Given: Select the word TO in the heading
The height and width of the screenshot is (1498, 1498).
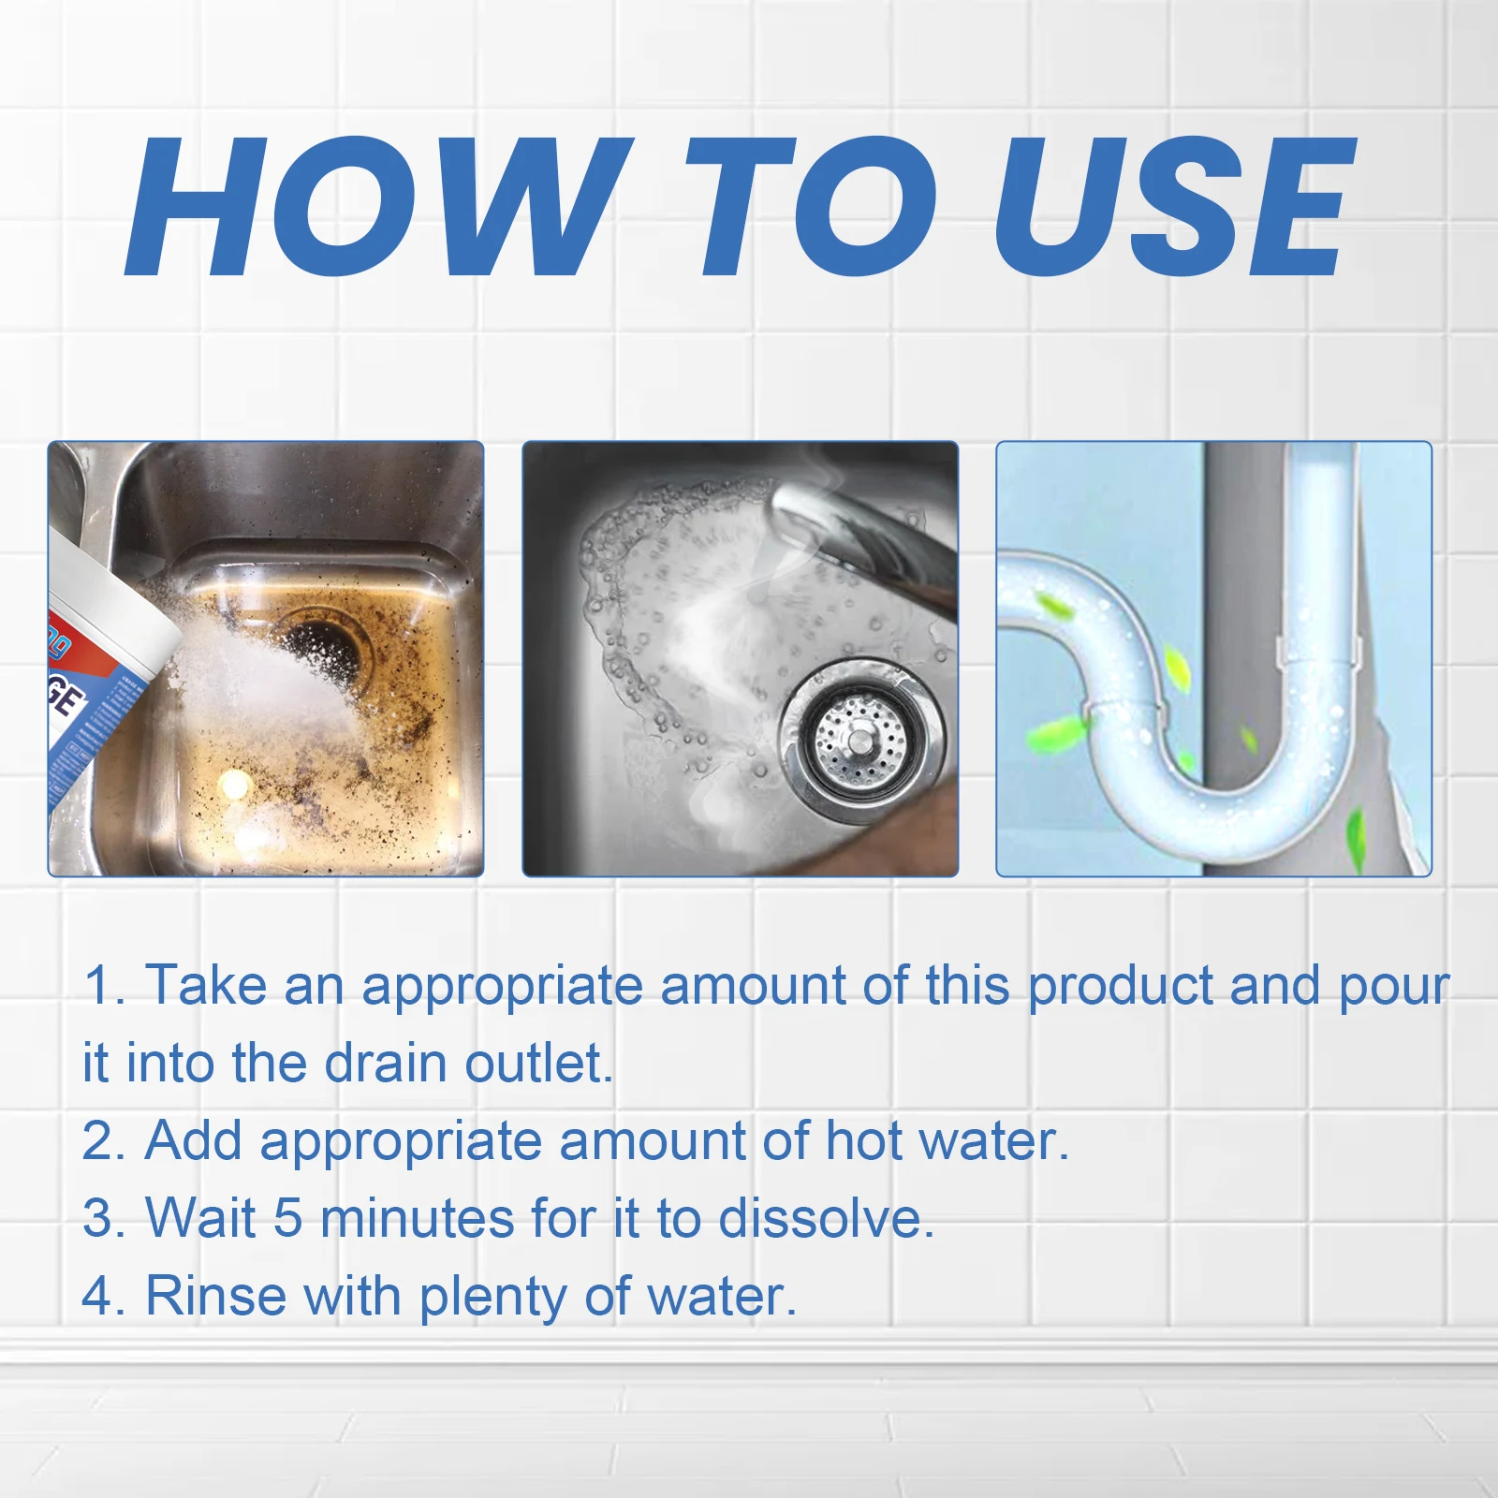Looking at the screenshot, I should [809, 208].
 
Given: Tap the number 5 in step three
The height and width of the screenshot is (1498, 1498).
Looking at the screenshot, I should [287, 1219].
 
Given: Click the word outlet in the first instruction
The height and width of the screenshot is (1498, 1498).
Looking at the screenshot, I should [538, 1064].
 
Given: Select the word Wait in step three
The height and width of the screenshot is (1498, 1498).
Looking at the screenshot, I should [200, 1219].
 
